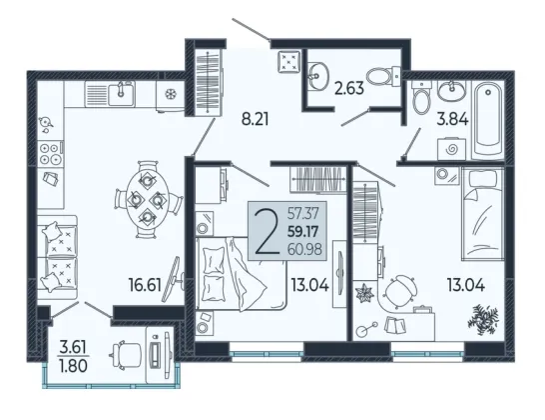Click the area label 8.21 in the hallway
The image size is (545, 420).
(256, 119)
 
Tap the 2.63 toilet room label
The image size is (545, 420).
(349, 88)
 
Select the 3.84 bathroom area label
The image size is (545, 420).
(452, 119)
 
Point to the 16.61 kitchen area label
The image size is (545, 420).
(145, 285)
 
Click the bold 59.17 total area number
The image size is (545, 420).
(303, 232)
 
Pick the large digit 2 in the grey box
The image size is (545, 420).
(267, 232)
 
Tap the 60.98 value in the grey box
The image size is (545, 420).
(304, 249)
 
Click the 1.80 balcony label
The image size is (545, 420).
(73, 366)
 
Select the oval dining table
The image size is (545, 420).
(148, 199)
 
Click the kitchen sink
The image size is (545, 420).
(121, 94)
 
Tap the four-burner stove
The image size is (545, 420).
(50, 154)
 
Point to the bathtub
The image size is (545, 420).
(488, 118)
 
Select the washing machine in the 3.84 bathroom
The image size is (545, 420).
(452, 149)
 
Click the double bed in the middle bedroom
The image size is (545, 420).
(242, 273)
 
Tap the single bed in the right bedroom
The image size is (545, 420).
(483, 213)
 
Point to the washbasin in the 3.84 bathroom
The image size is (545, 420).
(451, 90)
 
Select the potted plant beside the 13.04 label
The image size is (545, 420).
(483, 319)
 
